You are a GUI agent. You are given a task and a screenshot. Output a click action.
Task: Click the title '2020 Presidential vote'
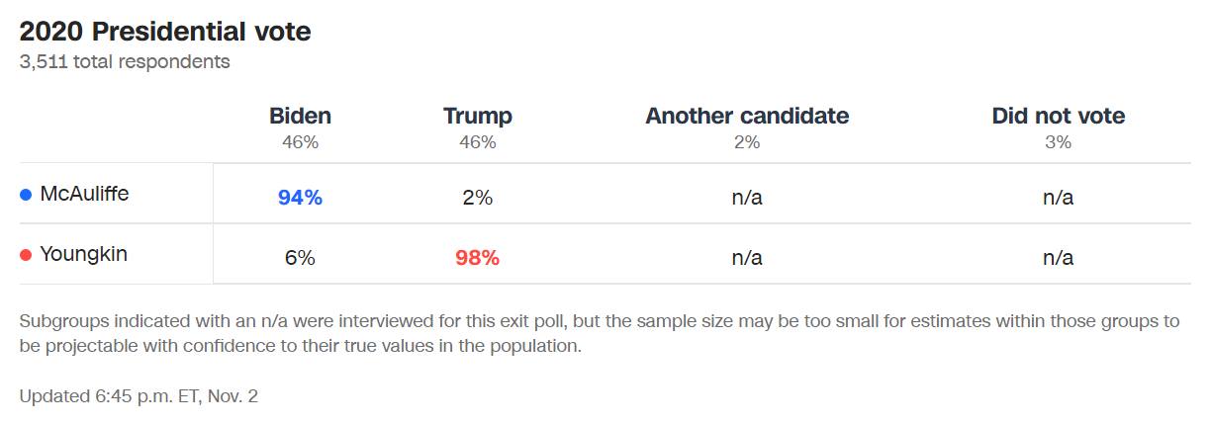pos(165,32)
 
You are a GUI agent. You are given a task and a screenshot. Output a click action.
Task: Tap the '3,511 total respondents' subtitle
pos(125,61)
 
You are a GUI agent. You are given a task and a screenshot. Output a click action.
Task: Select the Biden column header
pos(300,116)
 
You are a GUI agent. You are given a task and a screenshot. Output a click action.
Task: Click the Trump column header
pos(477,116)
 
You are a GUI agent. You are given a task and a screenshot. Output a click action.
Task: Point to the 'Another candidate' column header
pos(747,116)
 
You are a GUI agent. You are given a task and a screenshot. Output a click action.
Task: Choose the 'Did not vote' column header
pos(1058,116)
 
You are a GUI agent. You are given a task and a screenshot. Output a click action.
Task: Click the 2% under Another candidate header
pos(747,142)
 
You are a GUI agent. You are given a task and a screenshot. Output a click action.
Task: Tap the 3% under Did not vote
pos(1058,142)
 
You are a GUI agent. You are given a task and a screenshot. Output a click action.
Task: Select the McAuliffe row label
pos(84,194)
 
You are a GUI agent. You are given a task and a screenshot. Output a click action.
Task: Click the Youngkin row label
pos(83,254)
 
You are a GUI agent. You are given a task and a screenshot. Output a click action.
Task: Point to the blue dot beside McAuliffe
pos(26,195)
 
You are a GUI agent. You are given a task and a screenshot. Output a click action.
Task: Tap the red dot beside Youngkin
pos(26,255)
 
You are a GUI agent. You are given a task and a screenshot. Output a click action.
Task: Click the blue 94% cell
pos(300,198)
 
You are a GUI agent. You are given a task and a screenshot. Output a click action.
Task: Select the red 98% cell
pos(477,258)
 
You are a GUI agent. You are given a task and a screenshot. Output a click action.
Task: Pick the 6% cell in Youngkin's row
pos(300,258)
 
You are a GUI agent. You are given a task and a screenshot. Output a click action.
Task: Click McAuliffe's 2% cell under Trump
pos(477,198)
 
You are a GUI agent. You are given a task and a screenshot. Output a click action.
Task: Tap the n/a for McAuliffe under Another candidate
pos(747,198)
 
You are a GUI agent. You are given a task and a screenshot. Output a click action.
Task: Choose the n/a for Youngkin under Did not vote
pos(1058,258)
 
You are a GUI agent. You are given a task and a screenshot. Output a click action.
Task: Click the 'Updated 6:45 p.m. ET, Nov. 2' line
pos(139,396)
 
